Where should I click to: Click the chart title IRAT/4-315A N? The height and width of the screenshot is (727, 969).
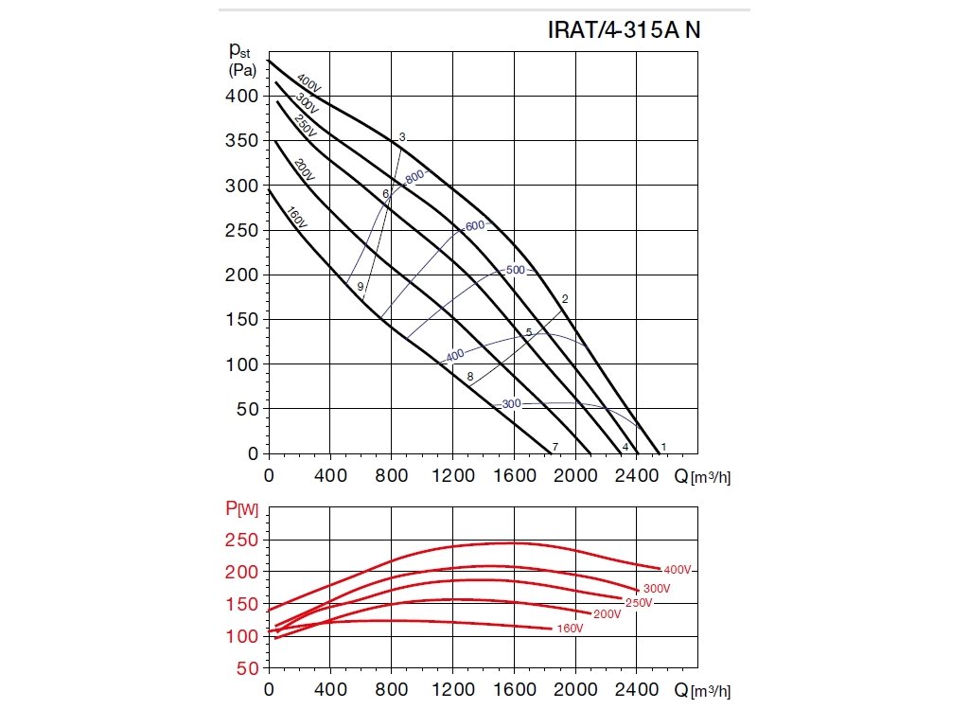tap(625, 29)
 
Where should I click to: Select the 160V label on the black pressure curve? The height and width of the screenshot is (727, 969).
tap(296, 217)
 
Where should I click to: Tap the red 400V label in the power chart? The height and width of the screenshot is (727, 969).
tap(679, 570)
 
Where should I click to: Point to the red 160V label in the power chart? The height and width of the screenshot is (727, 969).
tap(570, 629)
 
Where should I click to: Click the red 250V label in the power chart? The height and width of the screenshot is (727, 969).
tap(639, 603)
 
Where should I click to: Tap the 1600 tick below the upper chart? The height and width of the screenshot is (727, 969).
tap(514, 474)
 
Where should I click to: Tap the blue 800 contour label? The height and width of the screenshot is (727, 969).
tap(414, 178)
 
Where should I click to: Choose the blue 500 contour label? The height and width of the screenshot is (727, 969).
tap(515, 270)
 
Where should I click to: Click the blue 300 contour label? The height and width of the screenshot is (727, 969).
tap(511, 404)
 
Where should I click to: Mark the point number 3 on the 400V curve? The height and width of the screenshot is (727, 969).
tap(402, 137)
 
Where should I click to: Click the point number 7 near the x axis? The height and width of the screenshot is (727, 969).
tap(555, 446)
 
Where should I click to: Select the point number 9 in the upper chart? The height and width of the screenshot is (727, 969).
tap(361, 286)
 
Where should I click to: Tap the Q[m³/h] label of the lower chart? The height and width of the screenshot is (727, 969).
tap(702, 690)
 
